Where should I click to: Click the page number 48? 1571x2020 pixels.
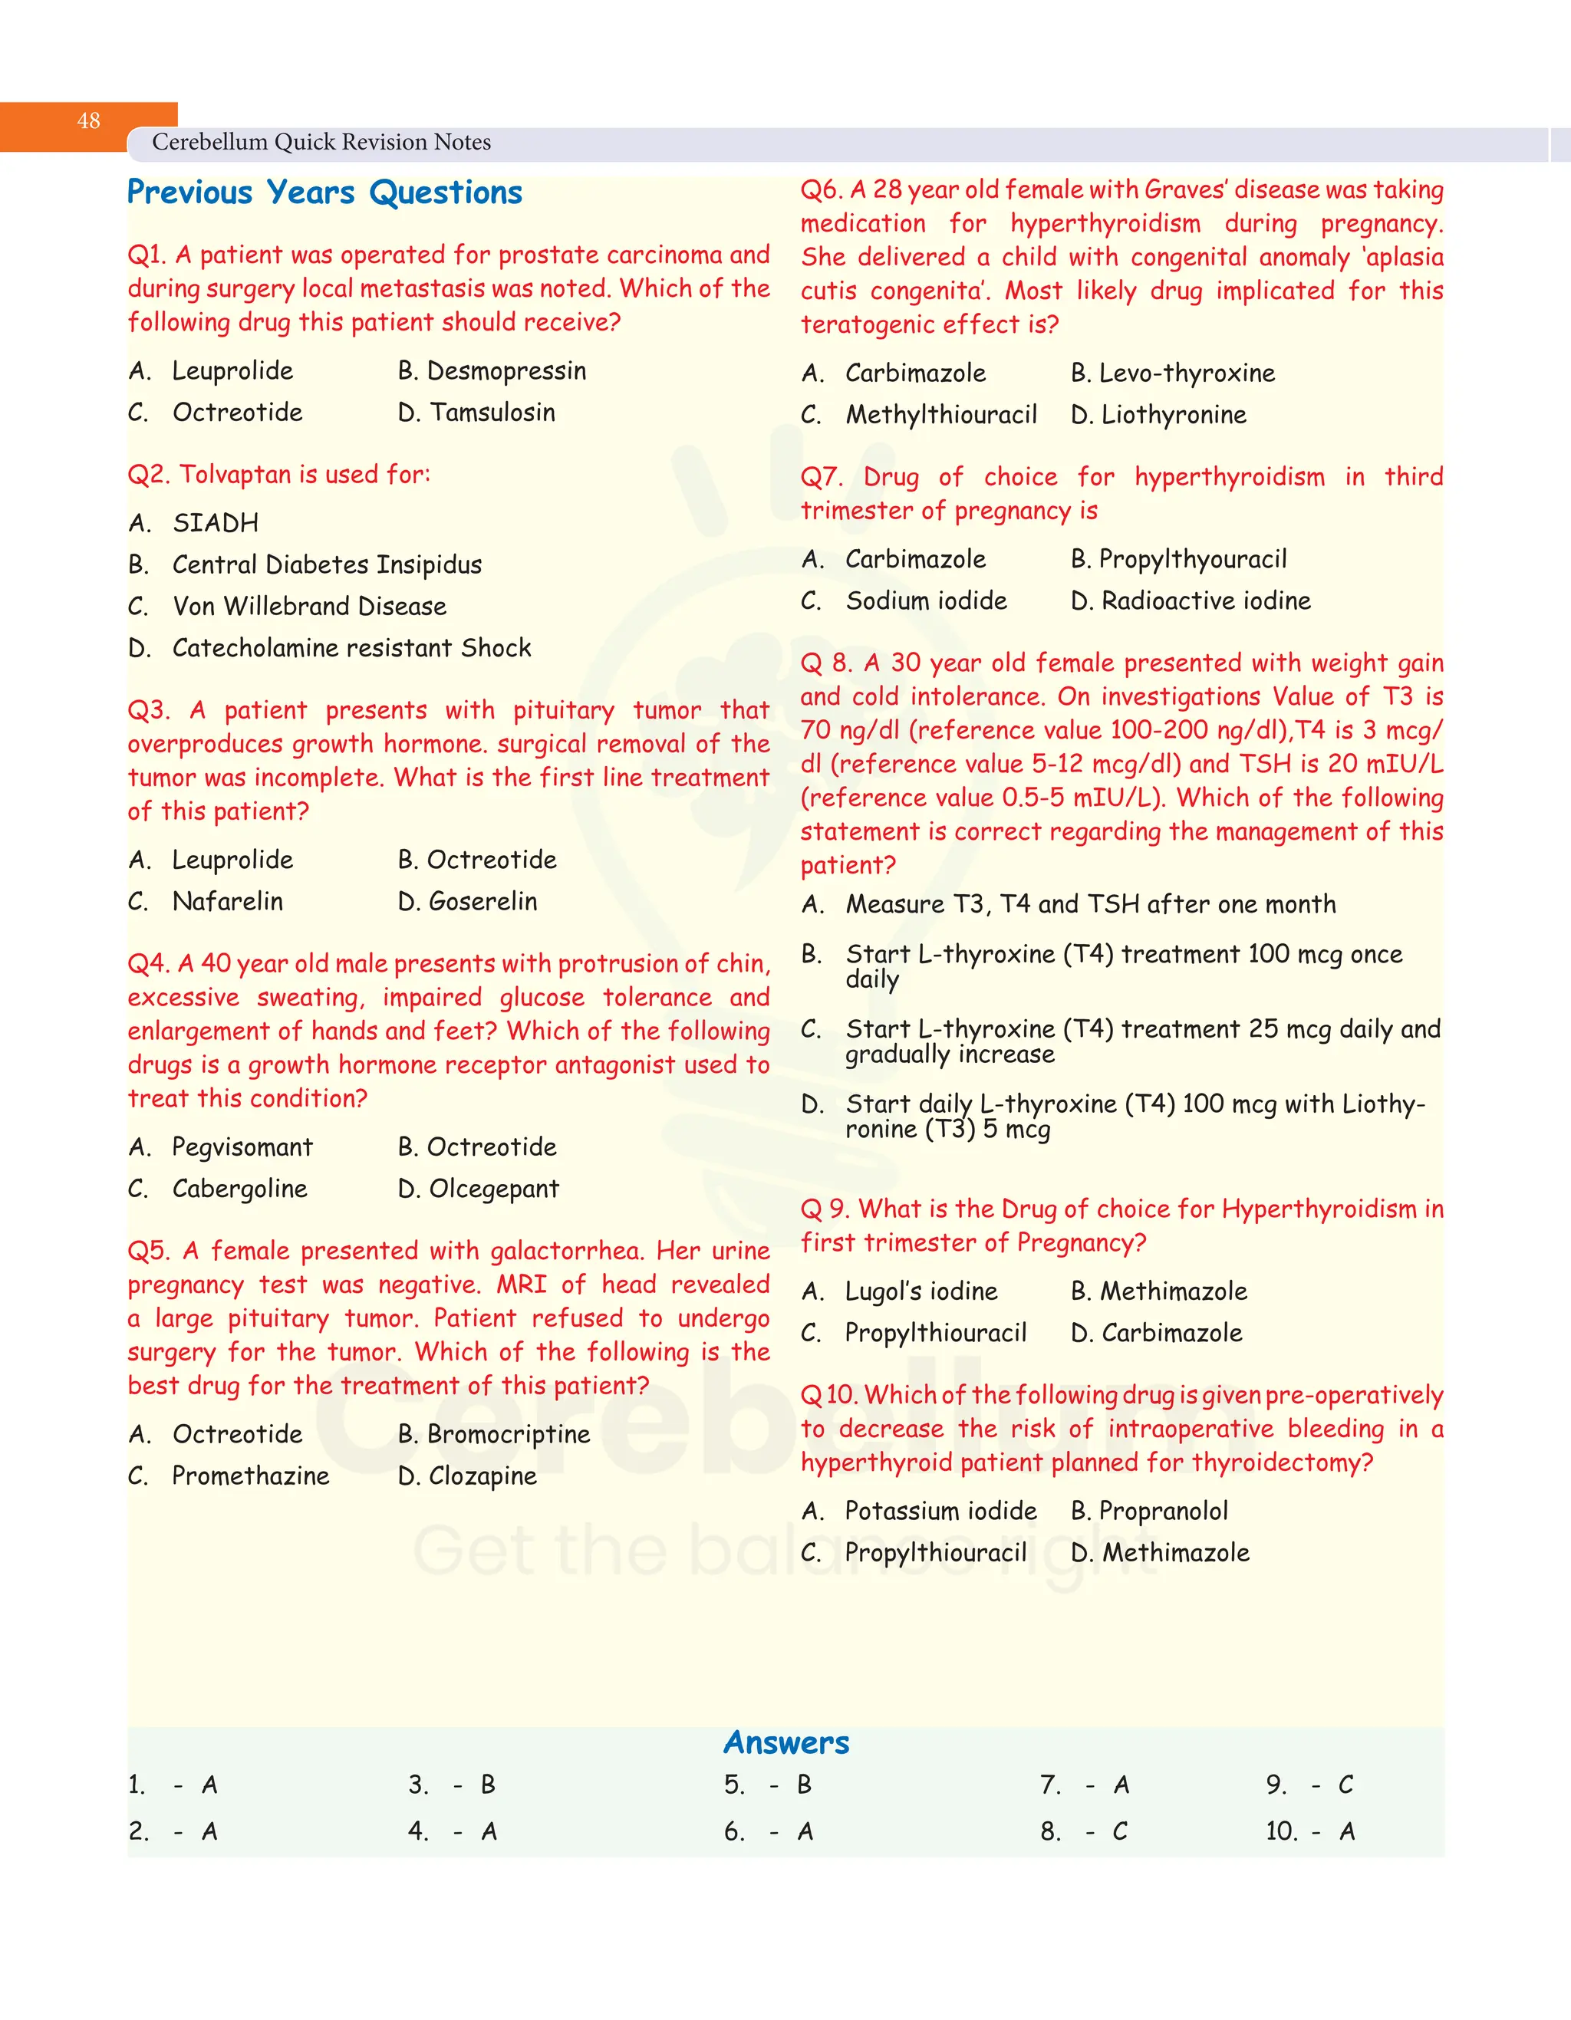click(x=89, y=121)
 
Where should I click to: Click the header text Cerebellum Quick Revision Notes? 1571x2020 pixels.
click(x=321, y=143)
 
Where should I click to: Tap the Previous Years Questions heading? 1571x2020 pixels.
click(x=324, y=192)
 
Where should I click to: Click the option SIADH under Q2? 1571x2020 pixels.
click(x=215, y=524)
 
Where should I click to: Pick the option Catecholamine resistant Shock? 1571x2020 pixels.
click(x=351, y=648)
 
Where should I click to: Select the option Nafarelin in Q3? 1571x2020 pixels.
click(x=228, y=902)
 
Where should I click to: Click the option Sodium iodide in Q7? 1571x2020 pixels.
click(x=926, y=601)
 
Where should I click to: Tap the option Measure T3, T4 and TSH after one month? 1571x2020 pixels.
click(x=1090, y=905)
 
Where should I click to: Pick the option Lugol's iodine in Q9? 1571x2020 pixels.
click(x=921, y=1292)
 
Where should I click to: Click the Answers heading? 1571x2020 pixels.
click(x=785, y=1742)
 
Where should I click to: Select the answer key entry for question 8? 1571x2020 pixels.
click(x=1083, y=1831)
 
